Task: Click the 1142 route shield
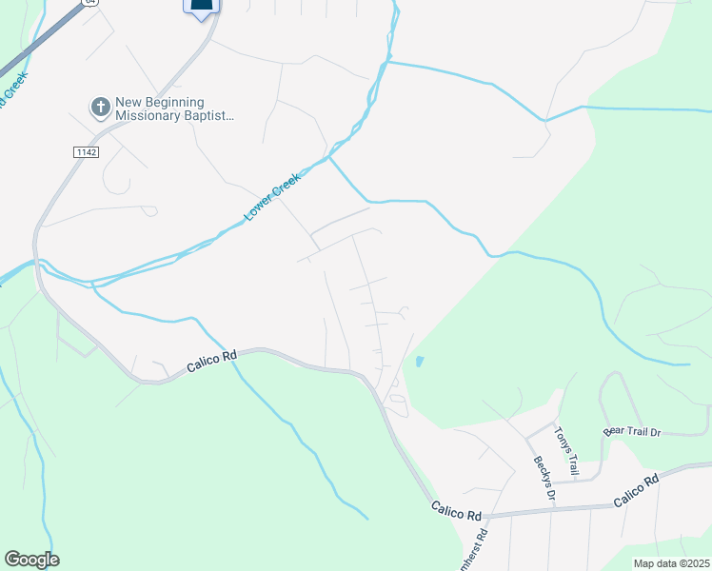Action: (86, 151)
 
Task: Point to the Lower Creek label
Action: (272, 197)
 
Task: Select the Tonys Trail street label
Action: (566, 450)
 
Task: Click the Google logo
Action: (31, 560)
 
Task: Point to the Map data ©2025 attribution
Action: (671, 563)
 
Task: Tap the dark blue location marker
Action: (201, 8)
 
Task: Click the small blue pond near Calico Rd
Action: (420, 362)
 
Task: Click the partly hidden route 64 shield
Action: (90, 3)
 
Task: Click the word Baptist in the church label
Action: (210, 116)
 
